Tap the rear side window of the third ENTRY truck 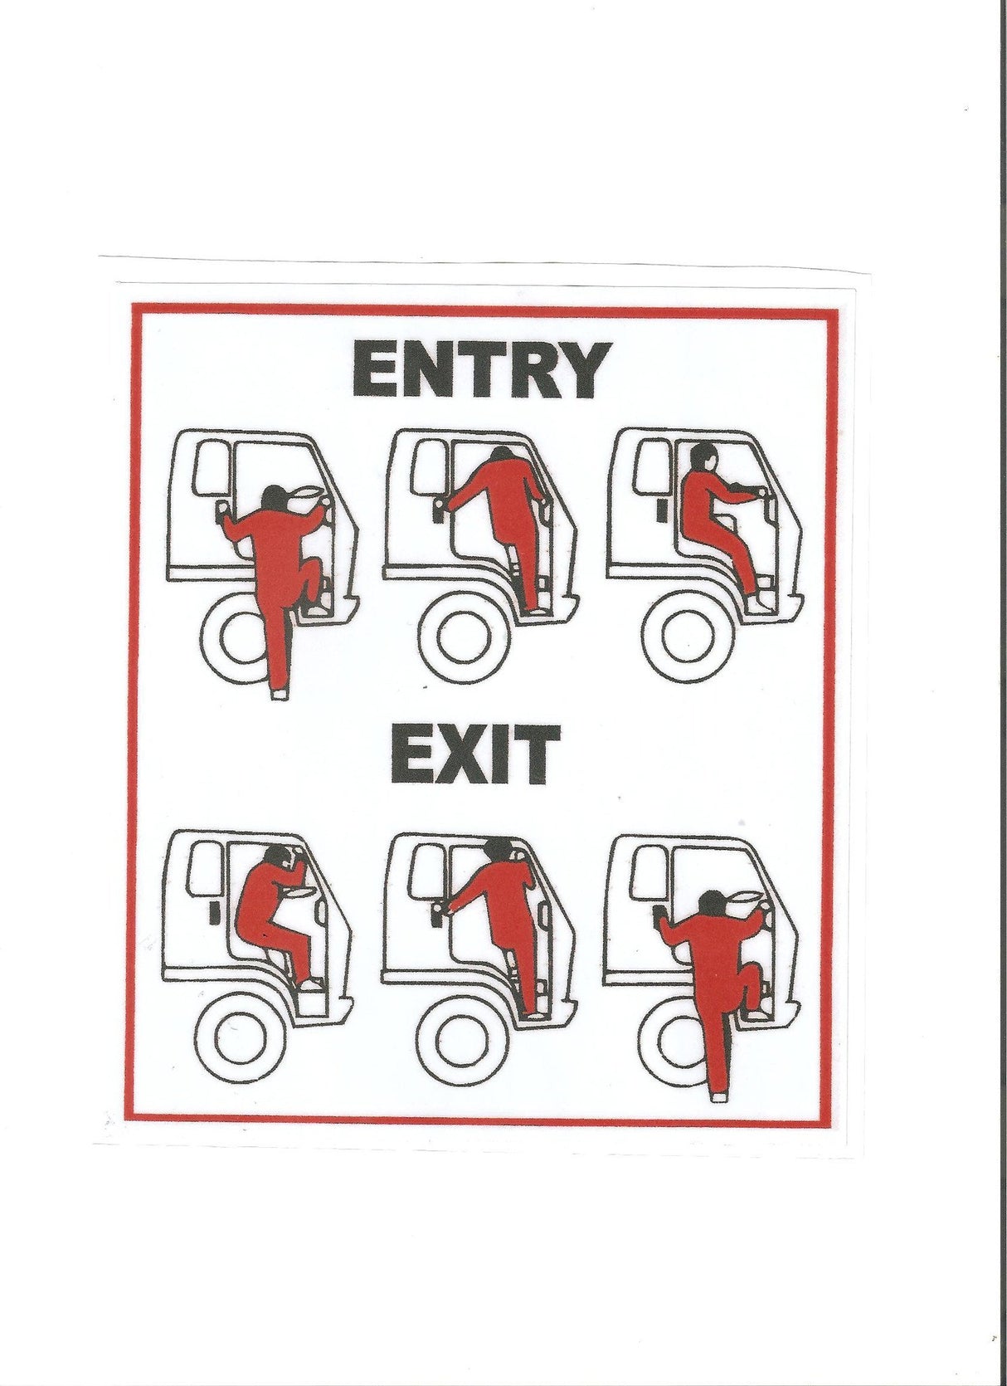(650, 468)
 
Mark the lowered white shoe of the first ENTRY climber (280, 695)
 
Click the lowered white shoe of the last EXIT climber (718, 1097)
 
